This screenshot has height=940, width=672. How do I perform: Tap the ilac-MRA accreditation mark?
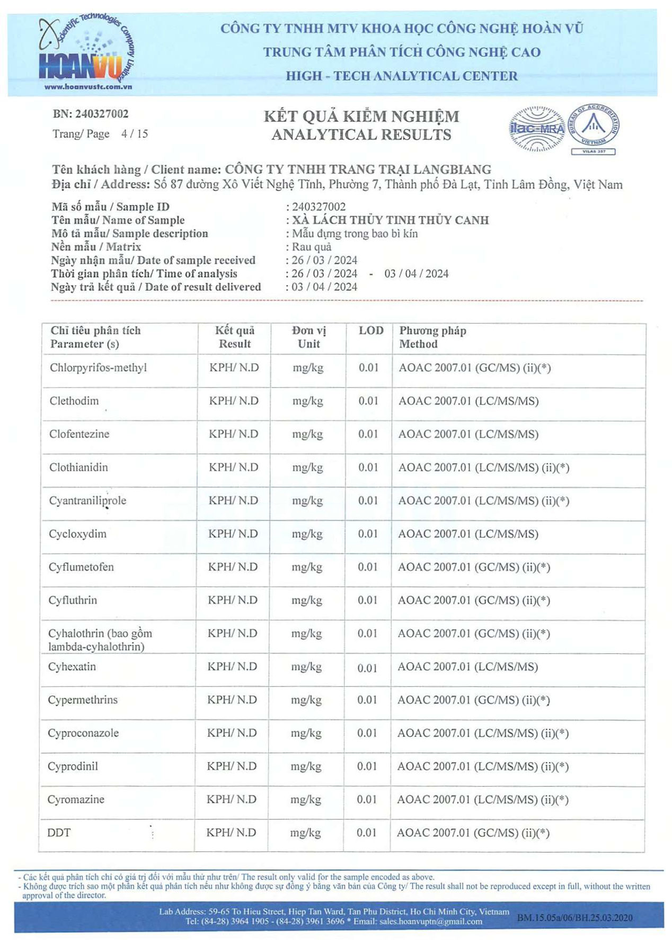pyautogui.click(x=536, y=129)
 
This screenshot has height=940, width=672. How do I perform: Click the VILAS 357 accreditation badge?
pyautogui.click(x=593, y=129)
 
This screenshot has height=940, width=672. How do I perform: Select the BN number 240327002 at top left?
pyautogui.click(x=90, y=114)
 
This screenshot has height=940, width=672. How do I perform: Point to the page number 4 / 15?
pyautogui.click(x=134, y=133)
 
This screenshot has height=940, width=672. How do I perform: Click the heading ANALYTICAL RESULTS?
pyautogui.click(x=361, y=135)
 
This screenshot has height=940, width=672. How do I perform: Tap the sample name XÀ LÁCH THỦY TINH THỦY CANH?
pyautogui.click(x=390, y=220)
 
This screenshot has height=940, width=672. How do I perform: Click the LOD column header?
pyautogui.click(x=370, y=330)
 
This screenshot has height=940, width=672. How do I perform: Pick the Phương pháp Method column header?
pyautogui.click(x=432, y=337)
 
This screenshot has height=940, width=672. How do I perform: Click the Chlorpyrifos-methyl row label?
pyautogui.click(x=98, y=368)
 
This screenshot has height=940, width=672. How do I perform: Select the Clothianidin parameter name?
pyautogui.click(x=78, y=467)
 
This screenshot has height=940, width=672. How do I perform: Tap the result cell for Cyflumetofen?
pyautogui.click(x=233, y=567)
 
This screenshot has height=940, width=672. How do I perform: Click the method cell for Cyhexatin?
pyautogui.click(x=467, y=667)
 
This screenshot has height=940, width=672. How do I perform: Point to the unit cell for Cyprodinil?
pyautogui.click(x=306, y=766)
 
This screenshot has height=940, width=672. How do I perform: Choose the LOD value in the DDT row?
pyautogui.click(x=366, y=832)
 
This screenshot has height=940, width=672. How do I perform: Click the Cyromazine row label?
pyautogui.click(x=76, y=799)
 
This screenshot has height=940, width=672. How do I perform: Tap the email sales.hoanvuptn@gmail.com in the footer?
pyautogui.click(x=430, y=921)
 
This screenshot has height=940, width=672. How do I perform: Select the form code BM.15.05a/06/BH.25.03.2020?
pyautogui.click(x=574, y=918)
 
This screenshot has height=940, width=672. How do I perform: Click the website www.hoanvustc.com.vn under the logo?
pyautogui.click(x=88, y=87)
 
